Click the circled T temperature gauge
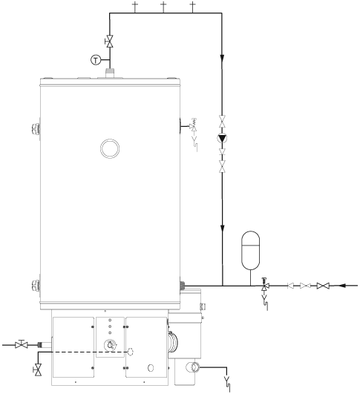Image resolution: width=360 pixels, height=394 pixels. [x=95, y=60]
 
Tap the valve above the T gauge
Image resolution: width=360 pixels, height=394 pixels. [x=109, y=40]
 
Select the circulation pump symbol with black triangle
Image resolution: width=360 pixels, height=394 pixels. [x=223, y=138]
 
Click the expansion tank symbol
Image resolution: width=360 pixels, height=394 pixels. [x=252, y=248]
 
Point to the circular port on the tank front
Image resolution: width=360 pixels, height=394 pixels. [x=110, y=149]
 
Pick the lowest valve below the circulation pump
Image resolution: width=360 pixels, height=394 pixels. [x=223, y=169]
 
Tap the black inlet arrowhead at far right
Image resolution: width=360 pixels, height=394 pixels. [x=343, y=286]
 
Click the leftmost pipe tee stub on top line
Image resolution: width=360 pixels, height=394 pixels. [x=134, y=7]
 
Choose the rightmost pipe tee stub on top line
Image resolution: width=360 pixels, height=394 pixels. [x=193, y=7]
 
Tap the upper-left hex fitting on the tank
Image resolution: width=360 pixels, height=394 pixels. [x=34, y=128]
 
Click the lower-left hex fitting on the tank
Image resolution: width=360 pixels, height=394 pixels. [x=34, y=286]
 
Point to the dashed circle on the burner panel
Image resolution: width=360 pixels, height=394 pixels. [x=131, y=352]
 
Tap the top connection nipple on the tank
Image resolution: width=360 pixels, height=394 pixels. [x=110, y=73]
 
